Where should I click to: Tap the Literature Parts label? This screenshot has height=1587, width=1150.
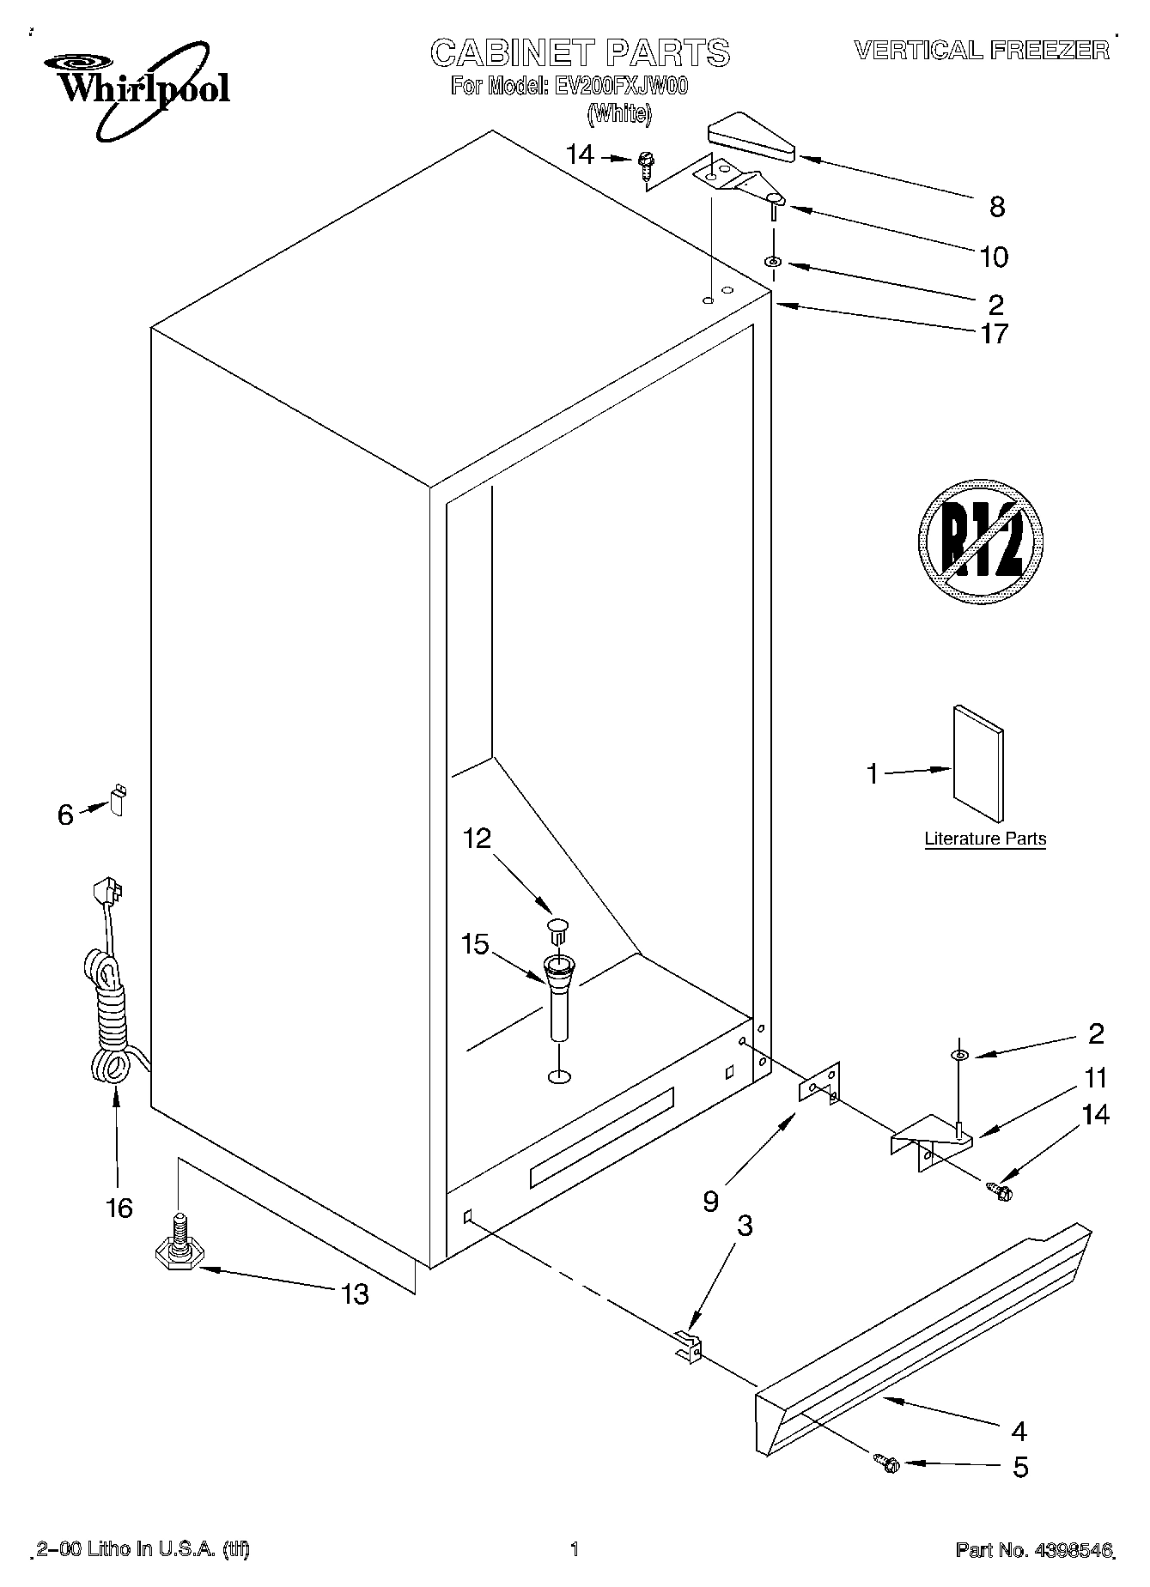985,839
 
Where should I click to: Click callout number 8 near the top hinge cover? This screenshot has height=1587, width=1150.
996,206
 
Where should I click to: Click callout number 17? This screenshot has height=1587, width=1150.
995,334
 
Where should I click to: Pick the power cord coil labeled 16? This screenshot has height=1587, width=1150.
109,1021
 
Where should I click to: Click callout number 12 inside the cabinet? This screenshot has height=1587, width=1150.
477,838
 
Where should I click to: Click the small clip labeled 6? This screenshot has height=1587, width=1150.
117,799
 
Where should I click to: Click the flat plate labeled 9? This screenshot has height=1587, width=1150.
819,1085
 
